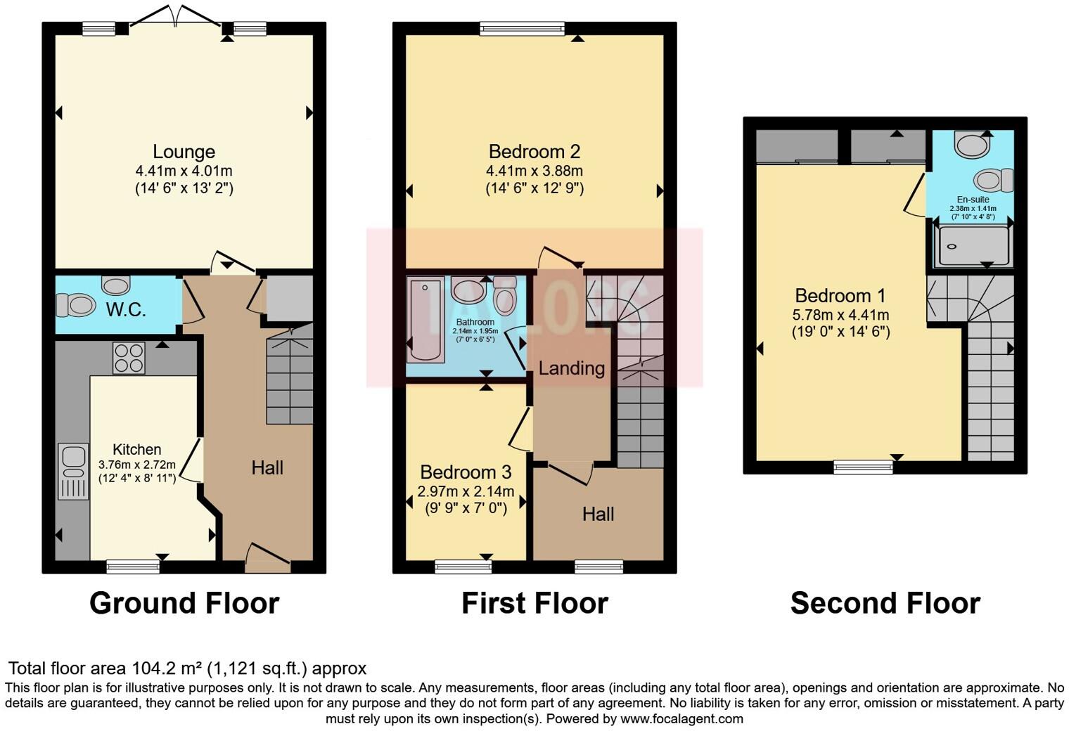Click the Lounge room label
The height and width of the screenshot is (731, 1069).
(x=184, y=152)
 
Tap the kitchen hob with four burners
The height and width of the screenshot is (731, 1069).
(x=129, y=357)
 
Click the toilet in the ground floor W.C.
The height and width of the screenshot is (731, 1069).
(x=76, y=306)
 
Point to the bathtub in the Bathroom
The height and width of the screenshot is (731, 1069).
(x=425, y=319)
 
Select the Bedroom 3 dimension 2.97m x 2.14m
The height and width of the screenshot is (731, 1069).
(x=466, y=491)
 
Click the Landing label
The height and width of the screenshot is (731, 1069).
(x=571, y=368)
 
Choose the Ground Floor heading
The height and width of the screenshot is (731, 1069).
(x=184, y=603)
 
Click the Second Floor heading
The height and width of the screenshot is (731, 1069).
(x=885, y=603)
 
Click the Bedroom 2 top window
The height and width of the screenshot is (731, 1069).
(x=522, y=28)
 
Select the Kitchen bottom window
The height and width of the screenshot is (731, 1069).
(x=133, y=567)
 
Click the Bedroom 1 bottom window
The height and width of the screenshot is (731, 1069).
(x=863, y=467)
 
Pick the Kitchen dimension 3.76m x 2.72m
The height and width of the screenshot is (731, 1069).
(x=137, y=465)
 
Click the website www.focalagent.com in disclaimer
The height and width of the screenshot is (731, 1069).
(x=681, y=718)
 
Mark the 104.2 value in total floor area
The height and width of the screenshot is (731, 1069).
(x=152, y=668)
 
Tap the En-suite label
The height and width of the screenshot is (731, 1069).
(x=973, y=200)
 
